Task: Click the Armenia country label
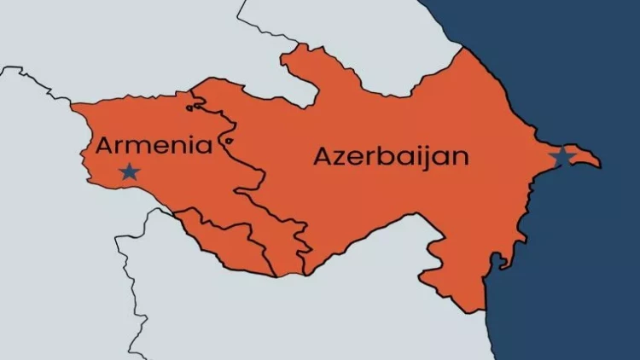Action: [154, 145]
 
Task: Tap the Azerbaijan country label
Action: [392, 156]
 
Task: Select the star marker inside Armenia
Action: [129, 171]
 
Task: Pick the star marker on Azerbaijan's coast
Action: [561, 157]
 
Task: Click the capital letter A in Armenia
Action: [104, 145]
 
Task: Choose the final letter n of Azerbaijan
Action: [461, 158]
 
